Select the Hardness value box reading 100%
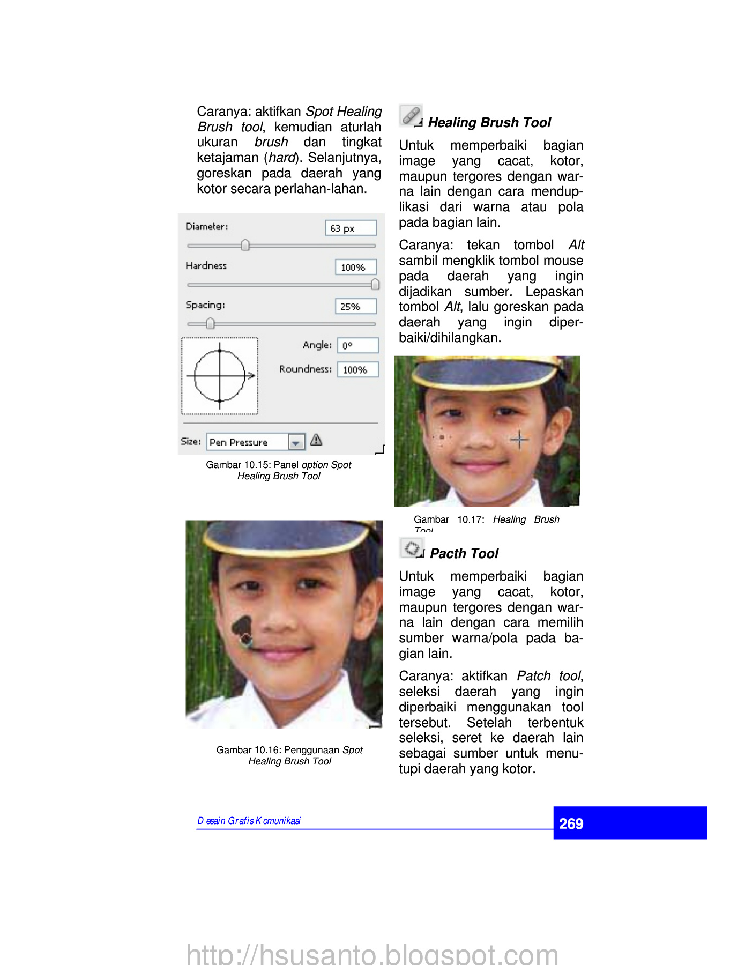[x=355, y=267]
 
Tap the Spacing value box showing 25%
[x=355, y=306]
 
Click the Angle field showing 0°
[x=357, y=345]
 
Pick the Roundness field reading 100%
[x=357, y=369]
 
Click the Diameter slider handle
[x=245, y=245]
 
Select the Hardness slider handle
[x=375, y=284]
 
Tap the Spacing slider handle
[x=210, y=323]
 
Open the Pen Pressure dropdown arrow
[x=296, y=442]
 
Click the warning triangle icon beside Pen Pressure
[x=316, y=440]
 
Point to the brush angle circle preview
[x=220, y=376]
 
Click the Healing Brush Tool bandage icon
[x=411, y=115]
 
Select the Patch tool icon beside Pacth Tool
[x=412, y=548]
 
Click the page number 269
[x=571, y=823]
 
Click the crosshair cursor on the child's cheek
[x=519, y=440]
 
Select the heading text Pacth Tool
[x=464, y=554]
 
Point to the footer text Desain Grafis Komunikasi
[x=249, y=821]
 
